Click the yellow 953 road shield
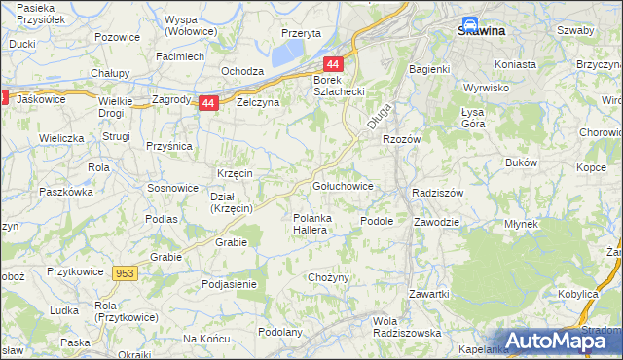pos(125,273)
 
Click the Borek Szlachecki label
pos(338,85)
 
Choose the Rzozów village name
pos(401,139)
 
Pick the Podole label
pos(376,221)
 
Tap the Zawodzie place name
pos(435,221)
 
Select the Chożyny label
pos(328,278)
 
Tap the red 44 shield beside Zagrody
pos(207,102)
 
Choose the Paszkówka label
pos(65,192)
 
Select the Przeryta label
pos(300,32)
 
